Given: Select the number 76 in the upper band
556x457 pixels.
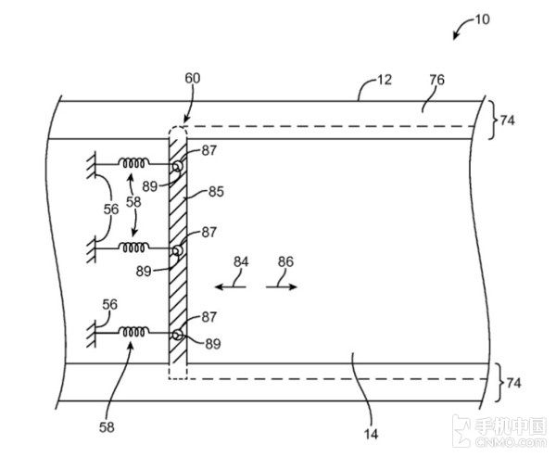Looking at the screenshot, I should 437,81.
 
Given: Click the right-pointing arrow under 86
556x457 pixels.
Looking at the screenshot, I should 282,287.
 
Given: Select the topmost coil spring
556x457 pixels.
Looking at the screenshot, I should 136,164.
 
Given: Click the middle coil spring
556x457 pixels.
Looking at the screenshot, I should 136,248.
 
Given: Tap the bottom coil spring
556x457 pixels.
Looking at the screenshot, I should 136,332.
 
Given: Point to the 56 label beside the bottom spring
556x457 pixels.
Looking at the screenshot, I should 108,303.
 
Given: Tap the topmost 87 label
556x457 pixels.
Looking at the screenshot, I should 208,150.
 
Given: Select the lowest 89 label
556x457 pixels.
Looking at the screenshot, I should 213,343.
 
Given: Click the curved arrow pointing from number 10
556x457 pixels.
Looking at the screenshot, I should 461,33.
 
